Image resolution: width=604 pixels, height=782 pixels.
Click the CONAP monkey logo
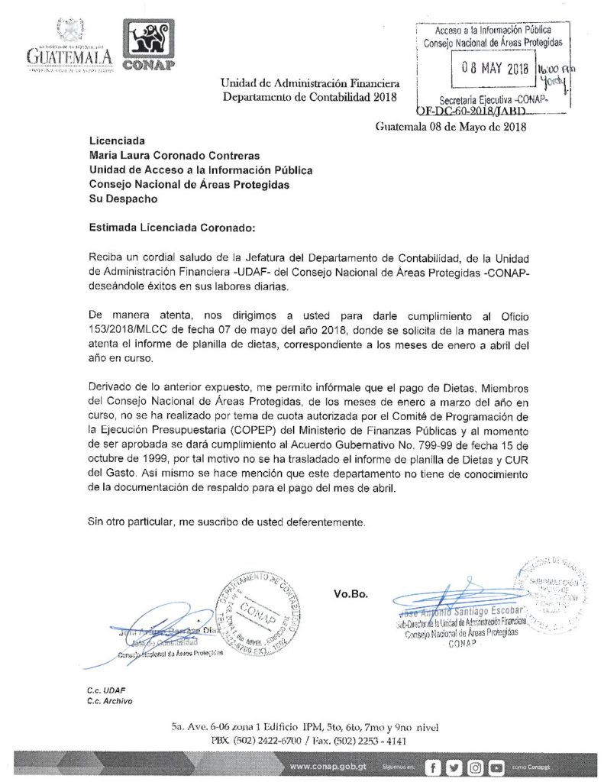tap(150, 45)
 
